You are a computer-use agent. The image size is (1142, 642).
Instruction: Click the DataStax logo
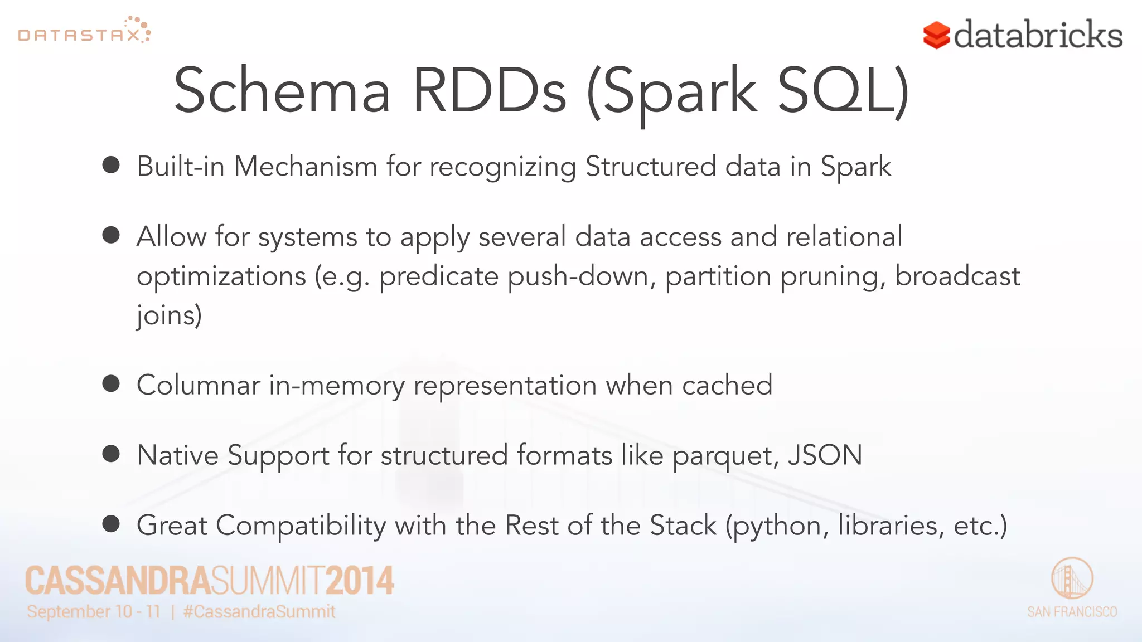pyautogui.click(x=84, y=31)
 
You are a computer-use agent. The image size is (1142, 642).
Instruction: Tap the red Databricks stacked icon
pyautogui.click(x=936, y=36)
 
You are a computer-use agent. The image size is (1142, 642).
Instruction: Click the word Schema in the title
pyautogui.click(x=282, y=91)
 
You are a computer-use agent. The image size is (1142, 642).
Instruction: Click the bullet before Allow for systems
pyautogui.click(x=111, y=235)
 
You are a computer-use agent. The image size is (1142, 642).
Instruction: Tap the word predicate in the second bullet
pyautogui.click(x=439, y=276)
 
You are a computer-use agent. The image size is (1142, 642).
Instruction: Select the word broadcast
pyautogui.click(x=957, y=276)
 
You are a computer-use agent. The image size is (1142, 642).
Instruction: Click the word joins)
pyautogui.click(x=169, y=316)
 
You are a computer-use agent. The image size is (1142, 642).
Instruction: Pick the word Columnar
pyautogui.click(x=198, y=386)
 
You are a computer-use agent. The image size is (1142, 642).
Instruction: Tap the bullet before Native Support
pyautogui.click(x=111, y=454)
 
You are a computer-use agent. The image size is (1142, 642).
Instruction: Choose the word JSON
pyautogui.click(x=825, y=455)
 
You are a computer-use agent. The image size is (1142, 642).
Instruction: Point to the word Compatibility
pyautogui.click(x=301, y=526)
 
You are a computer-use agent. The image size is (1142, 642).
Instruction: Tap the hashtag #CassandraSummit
pyautogui.click(x=259, y=612)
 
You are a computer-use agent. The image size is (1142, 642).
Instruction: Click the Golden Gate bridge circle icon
pyautogui.click(x=1072, y=578)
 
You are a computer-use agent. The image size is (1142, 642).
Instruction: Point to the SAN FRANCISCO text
pyautogui.click(x=1072, y=612)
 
